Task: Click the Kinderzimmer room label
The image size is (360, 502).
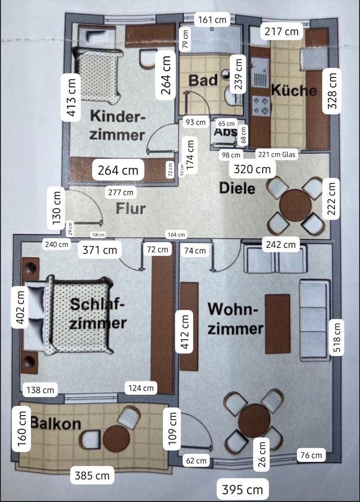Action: tap(117, 125)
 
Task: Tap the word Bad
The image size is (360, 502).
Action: tap(203, 81)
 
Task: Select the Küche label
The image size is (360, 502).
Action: tap(294, 90)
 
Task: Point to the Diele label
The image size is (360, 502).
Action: tap(237, 188)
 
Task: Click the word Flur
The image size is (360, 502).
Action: tap(131, 208)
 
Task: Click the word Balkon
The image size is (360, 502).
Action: tap(55, 423)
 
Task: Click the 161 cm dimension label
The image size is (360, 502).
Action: tap(212, 20)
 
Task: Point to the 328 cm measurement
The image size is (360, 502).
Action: tap(332, 90)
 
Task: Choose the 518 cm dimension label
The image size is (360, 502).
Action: tap(336, 337)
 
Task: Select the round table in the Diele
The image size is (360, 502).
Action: tap(296, 206)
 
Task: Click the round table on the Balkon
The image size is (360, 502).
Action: tap(116, 438)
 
